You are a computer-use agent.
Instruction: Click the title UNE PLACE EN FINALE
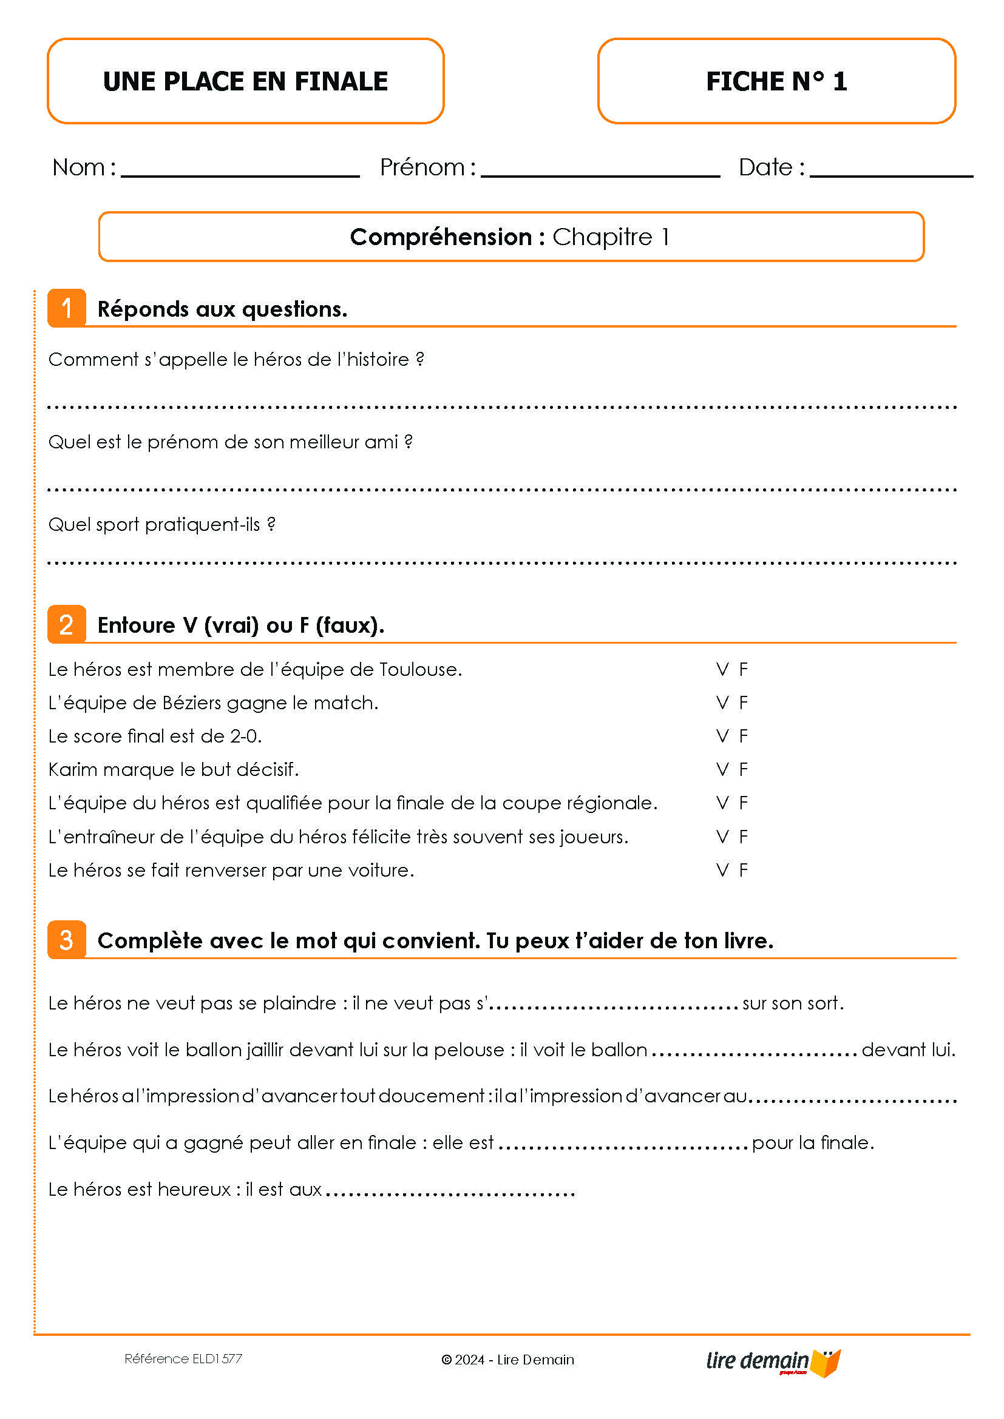[245, 81]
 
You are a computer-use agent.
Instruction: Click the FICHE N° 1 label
[776, 81]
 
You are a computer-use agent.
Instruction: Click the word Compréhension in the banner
[440, 237]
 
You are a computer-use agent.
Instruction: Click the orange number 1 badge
[67, 308]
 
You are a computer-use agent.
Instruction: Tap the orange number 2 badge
[67, 624]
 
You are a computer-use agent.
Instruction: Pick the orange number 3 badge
[67, 940]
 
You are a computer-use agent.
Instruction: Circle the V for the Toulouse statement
[722, 669]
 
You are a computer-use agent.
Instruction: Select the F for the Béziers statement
[744, 703]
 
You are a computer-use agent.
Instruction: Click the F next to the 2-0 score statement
[744, 736]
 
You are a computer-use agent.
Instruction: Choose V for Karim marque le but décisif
[722, 769]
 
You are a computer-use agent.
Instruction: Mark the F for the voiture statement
[744, 870]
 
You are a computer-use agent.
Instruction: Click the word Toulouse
[421, 669]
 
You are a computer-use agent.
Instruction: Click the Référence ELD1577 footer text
[183, 1359]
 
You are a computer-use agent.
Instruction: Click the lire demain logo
[773, 1361]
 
